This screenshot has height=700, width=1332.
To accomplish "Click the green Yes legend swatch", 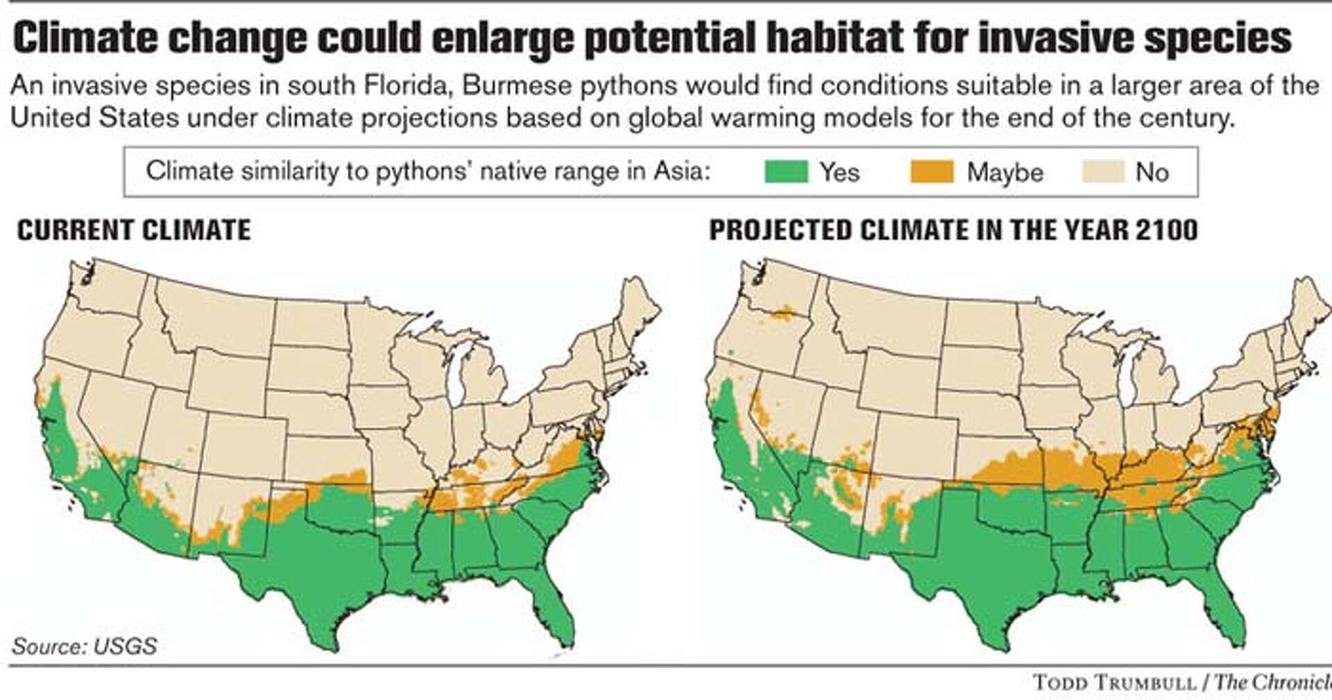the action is (x=786, y=171).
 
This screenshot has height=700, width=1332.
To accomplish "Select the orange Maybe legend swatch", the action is (x=932, y=171).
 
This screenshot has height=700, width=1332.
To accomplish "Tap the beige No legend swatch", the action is (x=1102, y=171).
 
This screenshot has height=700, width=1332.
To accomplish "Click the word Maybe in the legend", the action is (x=1005, y=172).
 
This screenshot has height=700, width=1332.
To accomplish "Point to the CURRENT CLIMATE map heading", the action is (x=134, y=230).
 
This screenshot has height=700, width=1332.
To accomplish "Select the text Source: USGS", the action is (x=84, y=646).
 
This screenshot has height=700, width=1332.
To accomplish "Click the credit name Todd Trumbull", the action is (x=1120, y=682).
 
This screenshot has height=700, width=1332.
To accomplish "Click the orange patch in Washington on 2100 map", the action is (x=783, y=314).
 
